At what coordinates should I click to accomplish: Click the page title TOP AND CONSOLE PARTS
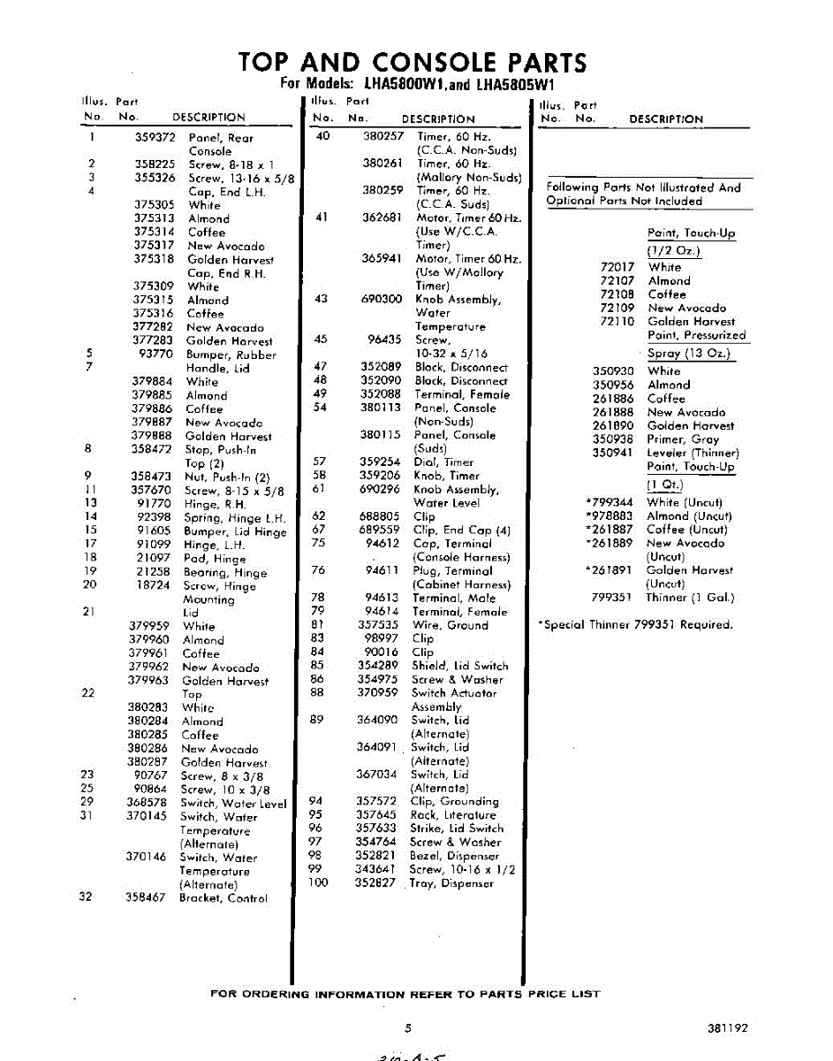point(413,63)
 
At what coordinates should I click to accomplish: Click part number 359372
point(155,138)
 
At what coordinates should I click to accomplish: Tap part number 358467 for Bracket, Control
point(146,897)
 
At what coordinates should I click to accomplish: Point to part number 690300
point(382,300)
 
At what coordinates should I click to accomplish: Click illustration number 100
point(318,882)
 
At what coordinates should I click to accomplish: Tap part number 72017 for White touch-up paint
point(617,267)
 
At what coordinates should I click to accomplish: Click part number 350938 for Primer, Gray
point(613,439)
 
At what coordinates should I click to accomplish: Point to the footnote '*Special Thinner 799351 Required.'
point(635,624)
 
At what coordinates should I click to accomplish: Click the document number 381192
point(727,1028)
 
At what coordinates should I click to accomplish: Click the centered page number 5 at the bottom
point(408,1028)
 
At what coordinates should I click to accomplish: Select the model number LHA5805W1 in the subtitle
point(513,85)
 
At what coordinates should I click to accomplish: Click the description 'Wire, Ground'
point(450,625)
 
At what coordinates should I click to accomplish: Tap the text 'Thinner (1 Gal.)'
point(690,598)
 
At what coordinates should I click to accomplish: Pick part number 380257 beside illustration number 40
point(383,136)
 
